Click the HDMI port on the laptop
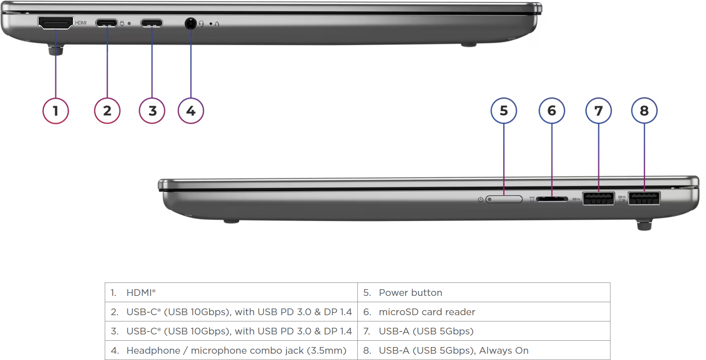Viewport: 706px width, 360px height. [56, 22]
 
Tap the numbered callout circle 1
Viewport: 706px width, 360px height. [56, 111]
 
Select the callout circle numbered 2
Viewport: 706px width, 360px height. [107, 111]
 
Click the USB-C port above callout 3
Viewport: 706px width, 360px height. [152, 23]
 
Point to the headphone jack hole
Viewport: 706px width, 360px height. [190, 23]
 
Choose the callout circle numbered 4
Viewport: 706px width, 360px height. [191, 111]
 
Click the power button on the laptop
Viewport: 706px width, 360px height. [504, 199]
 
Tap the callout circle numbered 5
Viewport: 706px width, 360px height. [504, 111]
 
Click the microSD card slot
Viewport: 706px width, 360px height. [552, 199]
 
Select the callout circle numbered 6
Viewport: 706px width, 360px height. [551, 111]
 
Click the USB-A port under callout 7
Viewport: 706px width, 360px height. [598, 199]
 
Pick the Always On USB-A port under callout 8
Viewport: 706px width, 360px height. [644, 198]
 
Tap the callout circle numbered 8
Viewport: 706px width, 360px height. [644, 111]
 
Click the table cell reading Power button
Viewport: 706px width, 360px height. [484, 293]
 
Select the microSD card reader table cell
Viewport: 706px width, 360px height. [484, 312]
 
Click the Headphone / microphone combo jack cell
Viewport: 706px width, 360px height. [231, 350]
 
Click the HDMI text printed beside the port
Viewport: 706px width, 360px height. [81, 23]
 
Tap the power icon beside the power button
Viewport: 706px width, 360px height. [480, 199]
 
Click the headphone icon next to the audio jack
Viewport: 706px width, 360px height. [202, 23]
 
